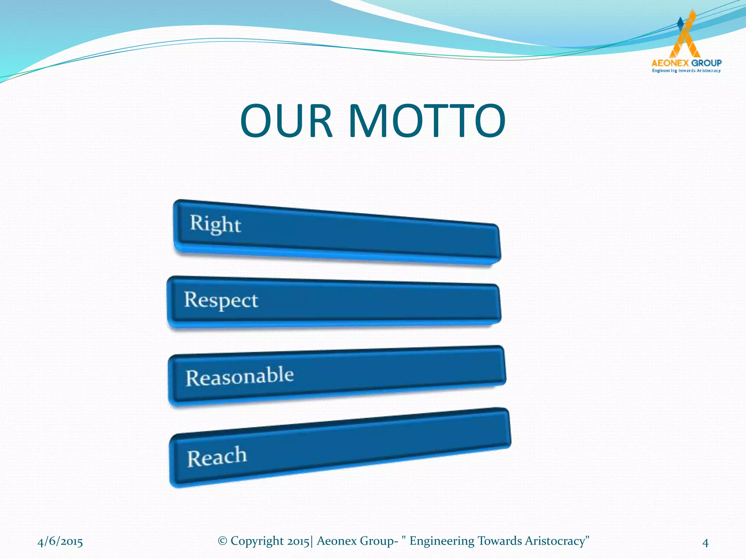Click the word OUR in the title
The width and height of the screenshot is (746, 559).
pos(286,121)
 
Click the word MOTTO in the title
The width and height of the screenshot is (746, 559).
pos(427,121)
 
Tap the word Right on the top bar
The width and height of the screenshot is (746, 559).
pos(215,224)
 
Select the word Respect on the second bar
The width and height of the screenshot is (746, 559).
pos(221,301)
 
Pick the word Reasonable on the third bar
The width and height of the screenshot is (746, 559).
pos(240,377)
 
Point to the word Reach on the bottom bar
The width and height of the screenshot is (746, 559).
pos(217,457)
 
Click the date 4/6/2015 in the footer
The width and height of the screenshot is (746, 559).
pos(60,542)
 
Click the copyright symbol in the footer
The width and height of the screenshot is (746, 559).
pos(222,541)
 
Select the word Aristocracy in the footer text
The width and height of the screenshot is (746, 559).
pos(555,541)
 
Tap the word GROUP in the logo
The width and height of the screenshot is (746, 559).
pos(706,63)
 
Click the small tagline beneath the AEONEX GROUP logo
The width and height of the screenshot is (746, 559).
pos(686,71)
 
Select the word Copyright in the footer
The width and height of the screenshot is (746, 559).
pos(257,541)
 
